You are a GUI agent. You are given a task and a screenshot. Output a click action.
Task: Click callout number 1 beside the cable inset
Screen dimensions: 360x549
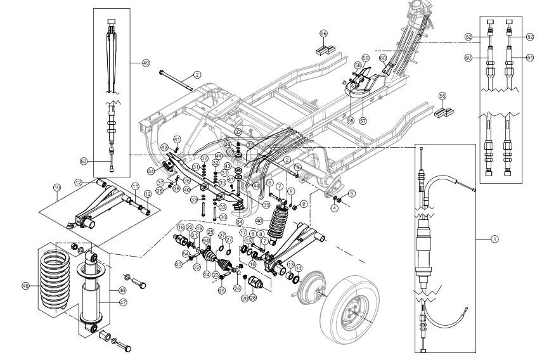[495, 239]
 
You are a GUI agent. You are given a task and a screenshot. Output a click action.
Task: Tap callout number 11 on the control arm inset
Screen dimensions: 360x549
[134, 186]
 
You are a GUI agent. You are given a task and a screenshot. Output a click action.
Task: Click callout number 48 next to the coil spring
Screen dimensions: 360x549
[26, 285]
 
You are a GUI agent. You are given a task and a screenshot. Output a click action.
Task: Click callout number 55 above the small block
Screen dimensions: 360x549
[442, 96]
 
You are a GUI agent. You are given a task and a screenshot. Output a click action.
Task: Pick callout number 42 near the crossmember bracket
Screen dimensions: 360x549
[164, 146]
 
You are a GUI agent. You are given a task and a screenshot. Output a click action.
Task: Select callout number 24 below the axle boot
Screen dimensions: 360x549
[206, 274]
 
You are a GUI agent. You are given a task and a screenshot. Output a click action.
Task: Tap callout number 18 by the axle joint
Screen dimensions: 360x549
[180, 228]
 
